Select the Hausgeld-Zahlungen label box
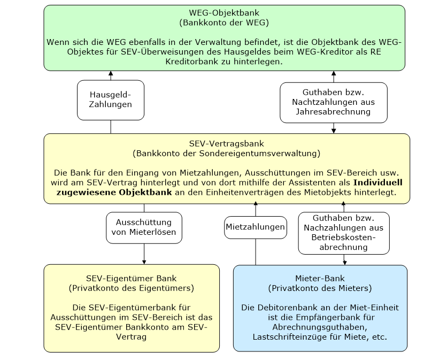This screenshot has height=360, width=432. click(111, 99)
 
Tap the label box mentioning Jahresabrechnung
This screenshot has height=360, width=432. click(334, 102)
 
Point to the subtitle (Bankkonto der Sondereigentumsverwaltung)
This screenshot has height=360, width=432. click(226, 154)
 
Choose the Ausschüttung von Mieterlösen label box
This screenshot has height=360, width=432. click(143, 227)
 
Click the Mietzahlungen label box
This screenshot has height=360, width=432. click(255, 227)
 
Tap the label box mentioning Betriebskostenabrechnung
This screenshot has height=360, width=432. click(344, 233)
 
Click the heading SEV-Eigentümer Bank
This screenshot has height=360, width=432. click(132, 278)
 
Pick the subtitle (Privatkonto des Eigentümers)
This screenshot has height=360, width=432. click(132, 288)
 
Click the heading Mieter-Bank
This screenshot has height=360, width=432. click(320, 278)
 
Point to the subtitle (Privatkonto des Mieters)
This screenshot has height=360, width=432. click(320, 288)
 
